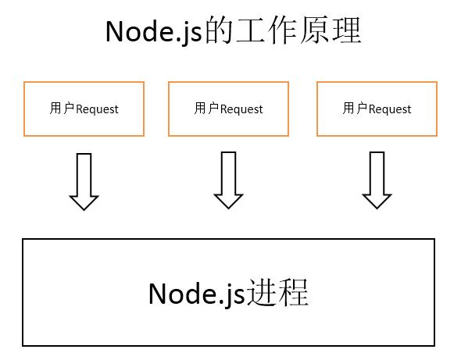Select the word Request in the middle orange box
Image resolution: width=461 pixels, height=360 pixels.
pyautogui.click(x=241, y=109)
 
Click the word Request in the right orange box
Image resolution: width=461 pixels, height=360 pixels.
pyautogui.click(x=389, y=109)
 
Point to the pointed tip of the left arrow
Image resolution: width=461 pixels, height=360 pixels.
pyautogui.click(x=84, y=207)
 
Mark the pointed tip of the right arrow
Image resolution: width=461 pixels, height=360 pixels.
pyautogui.click(x=377, y=207)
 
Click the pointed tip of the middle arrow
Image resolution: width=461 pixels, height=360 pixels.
pyautogui.click(x=228, y=207)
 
